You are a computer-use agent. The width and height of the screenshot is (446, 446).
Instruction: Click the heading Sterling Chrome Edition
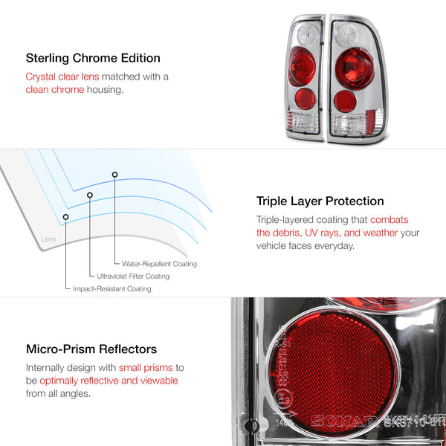pos(93,58)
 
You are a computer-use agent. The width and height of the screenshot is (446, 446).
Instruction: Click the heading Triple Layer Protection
pos(320,201)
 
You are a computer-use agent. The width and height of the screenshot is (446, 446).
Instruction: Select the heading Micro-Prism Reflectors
pos(91,349)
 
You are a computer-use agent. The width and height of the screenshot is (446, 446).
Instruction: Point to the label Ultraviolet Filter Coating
pos(134,277)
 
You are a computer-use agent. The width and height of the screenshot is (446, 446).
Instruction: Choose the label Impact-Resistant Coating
pos(111,288)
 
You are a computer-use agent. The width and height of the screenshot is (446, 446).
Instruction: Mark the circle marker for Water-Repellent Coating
pos(114,175)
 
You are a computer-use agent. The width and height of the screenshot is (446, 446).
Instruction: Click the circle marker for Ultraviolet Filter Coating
pos(90,195)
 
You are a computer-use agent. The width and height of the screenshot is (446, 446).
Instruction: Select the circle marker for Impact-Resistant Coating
pos(66,217)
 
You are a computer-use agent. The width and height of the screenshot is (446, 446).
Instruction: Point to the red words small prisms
pos(142,367)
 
